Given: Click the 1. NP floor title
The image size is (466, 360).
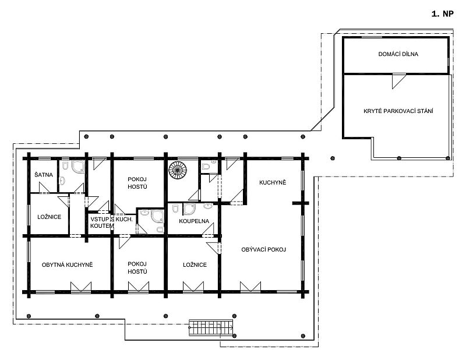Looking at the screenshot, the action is tap(443, 14).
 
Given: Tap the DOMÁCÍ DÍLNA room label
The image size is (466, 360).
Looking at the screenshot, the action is tap(398, 54).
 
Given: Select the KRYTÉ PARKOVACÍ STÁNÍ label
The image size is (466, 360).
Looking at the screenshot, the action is tap(398, 111).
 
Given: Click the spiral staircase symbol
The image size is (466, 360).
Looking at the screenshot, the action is tap(178, 170).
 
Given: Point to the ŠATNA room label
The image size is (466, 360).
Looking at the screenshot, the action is tap(44, 175).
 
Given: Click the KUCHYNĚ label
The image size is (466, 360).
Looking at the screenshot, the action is tap(273, 182).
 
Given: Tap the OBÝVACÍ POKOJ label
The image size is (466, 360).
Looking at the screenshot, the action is tap(264, 250).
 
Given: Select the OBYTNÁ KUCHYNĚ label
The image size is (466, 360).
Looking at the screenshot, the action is tap(67, 265).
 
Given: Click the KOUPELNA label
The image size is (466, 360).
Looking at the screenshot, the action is tap(194, 221).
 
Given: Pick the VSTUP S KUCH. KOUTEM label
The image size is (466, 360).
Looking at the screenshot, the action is tap(111, 223).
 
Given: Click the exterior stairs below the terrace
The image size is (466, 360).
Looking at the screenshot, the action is tap(211, 328).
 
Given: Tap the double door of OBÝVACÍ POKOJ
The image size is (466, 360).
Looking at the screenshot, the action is tap(250, 287).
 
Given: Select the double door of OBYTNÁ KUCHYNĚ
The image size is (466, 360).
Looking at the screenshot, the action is tap(81, 287).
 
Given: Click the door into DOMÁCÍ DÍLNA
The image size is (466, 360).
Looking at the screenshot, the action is tap(399, 81).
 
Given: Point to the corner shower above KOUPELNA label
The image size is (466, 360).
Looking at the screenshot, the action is tap(189, 209).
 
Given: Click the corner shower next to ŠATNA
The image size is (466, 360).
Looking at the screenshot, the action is tap(78, 167).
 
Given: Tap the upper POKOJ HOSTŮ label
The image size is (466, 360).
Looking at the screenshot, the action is tap(137, 183).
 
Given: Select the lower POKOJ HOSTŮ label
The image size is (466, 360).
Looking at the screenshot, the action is tap(137, 268).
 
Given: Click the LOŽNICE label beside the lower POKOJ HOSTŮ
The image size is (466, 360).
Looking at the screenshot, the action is tap(195, 265).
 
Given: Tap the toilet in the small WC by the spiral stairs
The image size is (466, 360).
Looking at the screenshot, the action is tap(206, 166).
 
